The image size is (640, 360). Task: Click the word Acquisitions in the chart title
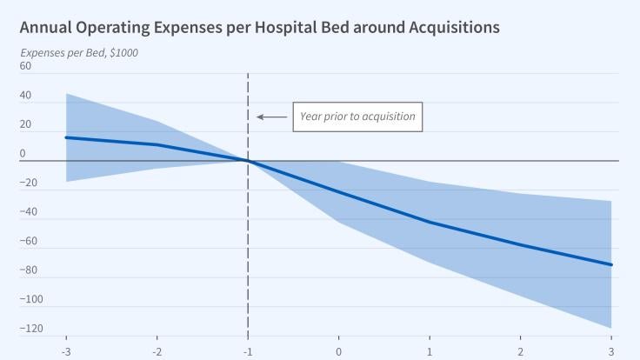click(444, 27)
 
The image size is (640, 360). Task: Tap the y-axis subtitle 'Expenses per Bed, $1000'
click(79, 52)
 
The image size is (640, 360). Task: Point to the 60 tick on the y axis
click(25, 66)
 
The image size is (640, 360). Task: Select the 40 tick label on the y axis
click(25, 96)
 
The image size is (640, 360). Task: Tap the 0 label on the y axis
click(23, 154)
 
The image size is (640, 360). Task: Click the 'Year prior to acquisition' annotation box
click(357, 117)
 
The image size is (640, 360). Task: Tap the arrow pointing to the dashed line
click(271, 117)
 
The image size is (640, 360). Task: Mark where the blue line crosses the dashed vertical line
click(249, 161)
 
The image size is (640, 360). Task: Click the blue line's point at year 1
click(430, 222)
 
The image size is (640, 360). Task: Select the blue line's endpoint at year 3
click(611, 264)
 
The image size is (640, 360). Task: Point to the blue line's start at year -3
click(66, 137)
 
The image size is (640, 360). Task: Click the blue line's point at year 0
click(339, 192)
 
